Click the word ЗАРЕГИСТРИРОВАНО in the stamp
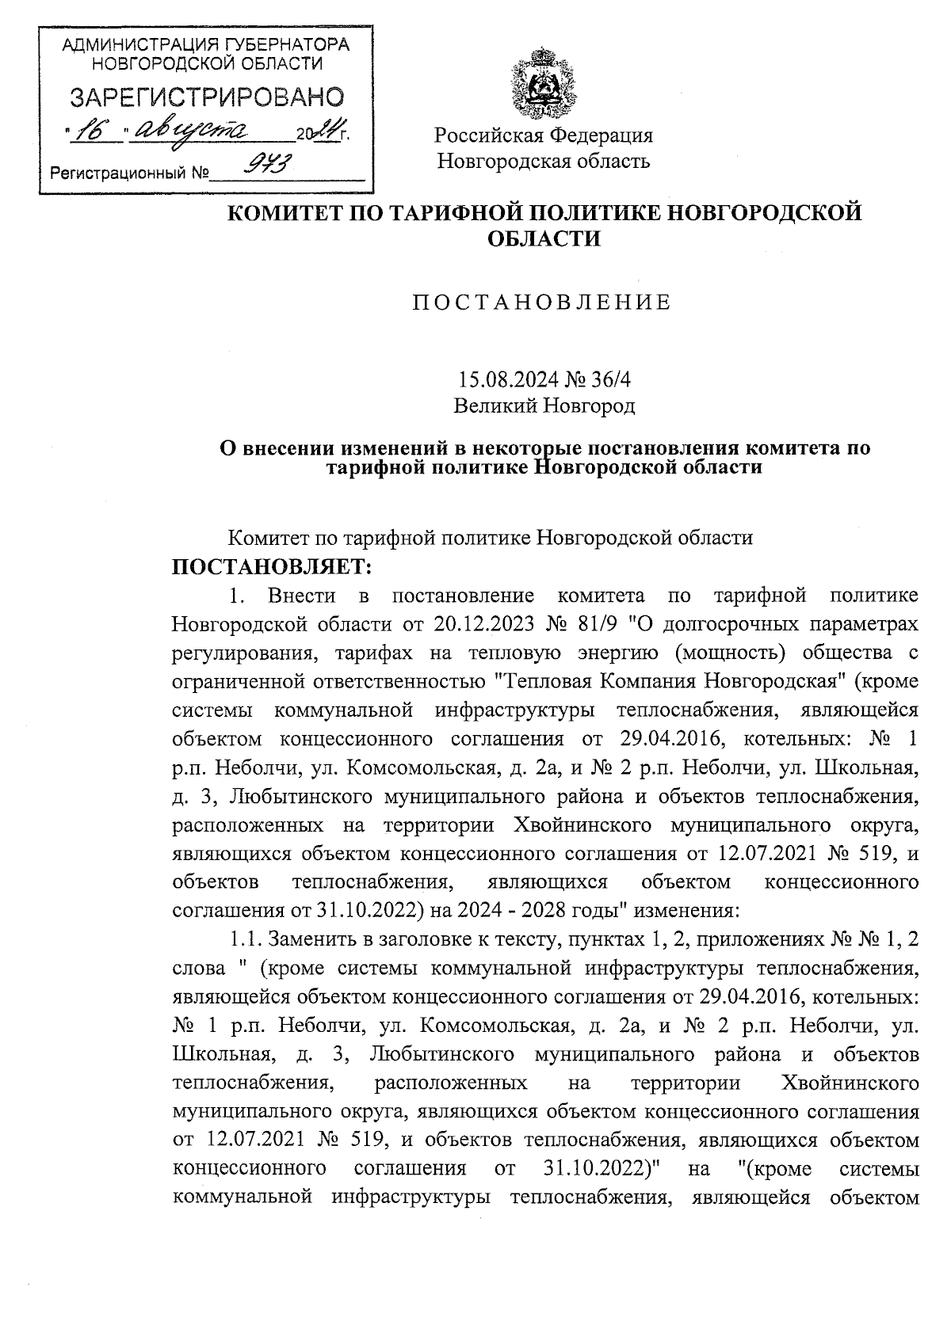point(208,97)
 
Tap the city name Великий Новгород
point(544,406)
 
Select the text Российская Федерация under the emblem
point(544,135)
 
